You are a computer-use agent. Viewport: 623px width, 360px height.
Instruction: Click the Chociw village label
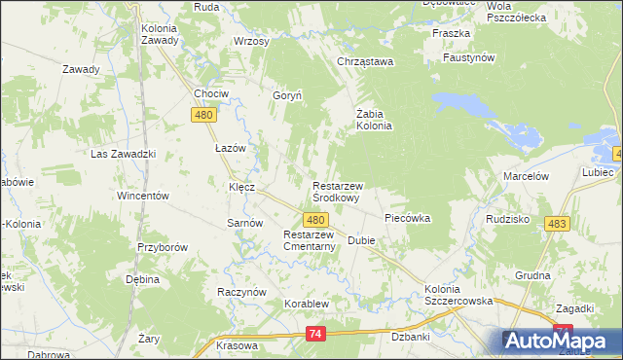click(x=210, y=94)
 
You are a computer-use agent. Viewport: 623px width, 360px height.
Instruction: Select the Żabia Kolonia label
click(x=374, y=118)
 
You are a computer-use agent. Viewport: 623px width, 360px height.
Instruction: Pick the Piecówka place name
click(x=407, y=218)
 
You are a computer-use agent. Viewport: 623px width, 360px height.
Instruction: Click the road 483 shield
click(x=557, y=224)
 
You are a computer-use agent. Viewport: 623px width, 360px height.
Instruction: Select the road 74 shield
click(x=314, y=334)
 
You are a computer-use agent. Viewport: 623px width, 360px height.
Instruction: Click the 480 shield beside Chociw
click(x=202, y=116)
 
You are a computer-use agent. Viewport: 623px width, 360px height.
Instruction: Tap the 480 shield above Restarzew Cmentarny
click(x=314, y=221)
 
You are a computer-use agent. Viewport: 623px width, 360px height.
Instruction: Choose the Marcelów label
click(x=527, y=176)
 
